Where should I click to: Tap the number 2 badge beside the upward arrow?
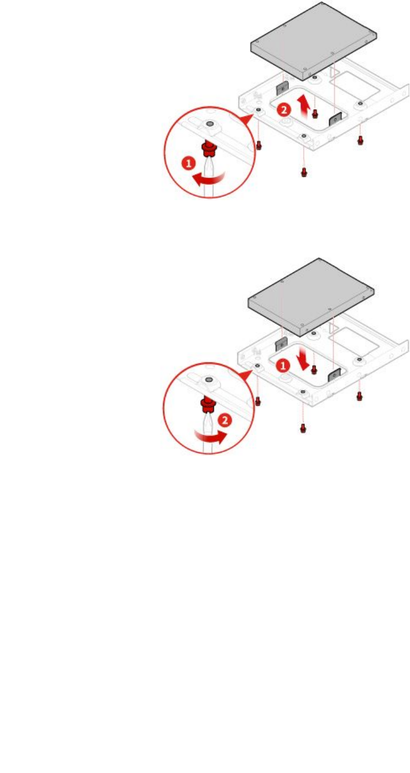[283, 110]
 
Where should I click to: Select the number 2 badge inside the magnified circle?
[225, 421]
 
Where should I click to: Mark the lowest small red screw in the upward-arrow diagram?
[303, 171]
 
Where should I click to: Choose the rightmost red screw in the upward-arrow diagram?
[359, 140]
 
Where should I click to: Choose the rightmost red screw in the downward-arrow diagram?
[359, 396]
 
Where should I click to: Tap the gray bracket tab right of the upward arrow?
[335, 119]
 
